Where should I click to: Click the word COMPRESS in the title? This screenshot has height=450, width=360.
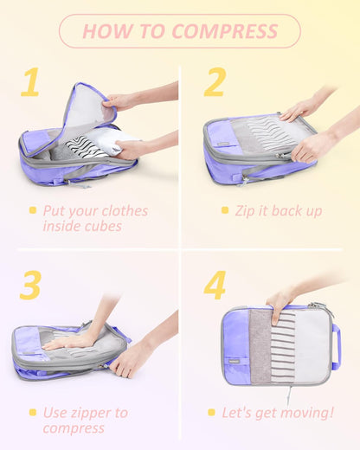tap(225, 32)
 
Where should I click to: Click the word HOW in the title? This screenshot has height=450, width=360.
tap(107, 32)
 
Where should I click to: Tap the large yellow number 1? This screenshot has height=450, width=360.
tap(31, 83)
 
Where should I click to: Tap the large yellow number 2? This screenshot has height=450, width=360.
tap(215, 83)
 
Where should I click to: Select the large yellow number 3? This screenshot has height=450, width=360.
tap(30, 285)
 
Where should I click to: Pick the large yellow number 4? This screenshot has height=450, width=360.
tap(215, 285)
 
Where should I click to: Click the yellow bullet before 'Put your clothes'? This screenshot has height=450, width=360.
tap(33, 210)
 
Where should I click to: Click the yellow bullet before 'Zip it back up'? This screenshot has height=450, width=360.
tap(225, 210)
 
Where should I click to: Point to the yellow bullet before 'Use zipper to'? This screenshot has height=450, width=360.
tap(33, 412)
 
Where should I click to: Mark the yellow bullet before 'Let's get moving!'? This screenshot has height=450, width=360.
tap(211, 413)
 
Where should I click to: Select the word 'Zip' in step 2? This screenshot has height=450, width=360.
tap(247, 210)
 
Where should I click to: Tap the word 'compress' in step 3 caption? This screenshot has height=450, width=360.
tap(74, 428)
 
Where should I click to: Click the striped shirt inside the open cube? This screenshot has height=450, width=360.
tap(86, 145)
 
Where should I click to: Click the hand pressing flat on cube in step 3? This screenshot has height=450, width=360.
tap(65, 341)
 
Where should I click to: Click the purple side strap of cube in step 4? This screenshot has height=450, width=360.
tap(336, 346)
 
